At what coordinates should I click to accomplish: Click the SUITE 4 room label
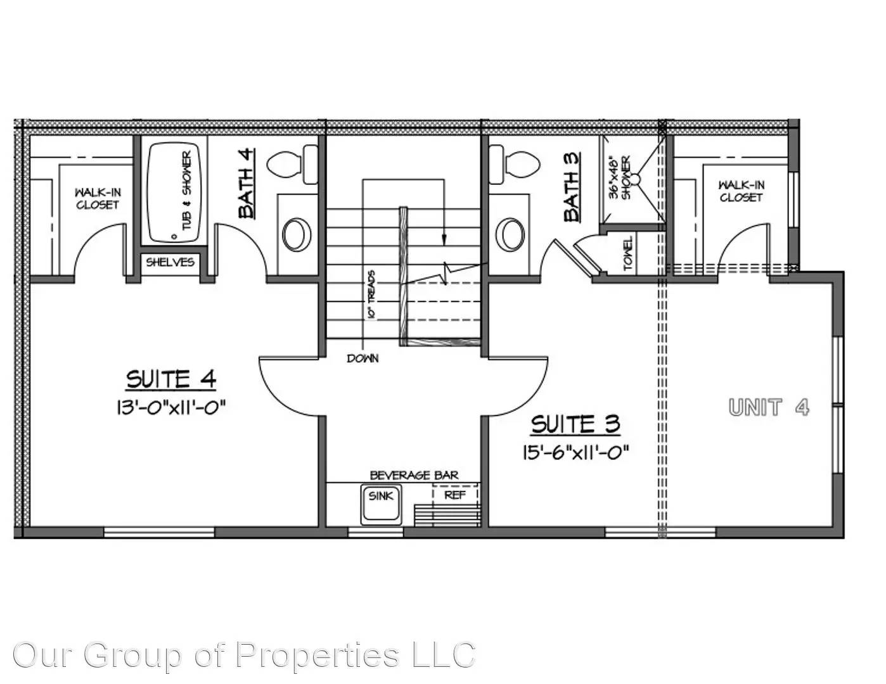(171, 379)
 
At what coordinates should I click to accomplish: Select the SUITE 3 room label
(575, 424)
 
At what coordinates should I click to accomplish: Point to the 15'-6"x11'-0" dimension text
(575, 452)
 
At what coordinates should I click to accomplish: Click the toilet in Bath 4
(293, 163)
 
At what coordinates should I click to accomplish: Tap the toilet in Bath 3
(515, 163)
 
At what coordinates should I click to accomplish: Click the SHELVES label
(170, 262)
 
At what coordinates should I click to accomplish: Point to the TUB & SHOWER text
(187, 191)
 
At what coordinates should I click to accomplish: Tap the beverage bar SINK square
(381, 504)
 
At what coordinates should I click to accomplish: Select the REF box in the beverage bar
(454, 495)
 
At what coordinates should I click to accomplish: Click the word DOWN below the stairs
(363, 358)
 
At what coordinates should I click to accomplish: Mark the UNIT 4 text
(768, 407)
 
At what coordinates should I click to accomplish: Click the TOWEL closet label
(628, 254)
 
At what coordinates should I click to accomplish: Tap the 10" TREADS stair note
(371, 294)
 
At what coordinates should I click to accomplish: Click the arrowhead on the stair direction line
(444, 239)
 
